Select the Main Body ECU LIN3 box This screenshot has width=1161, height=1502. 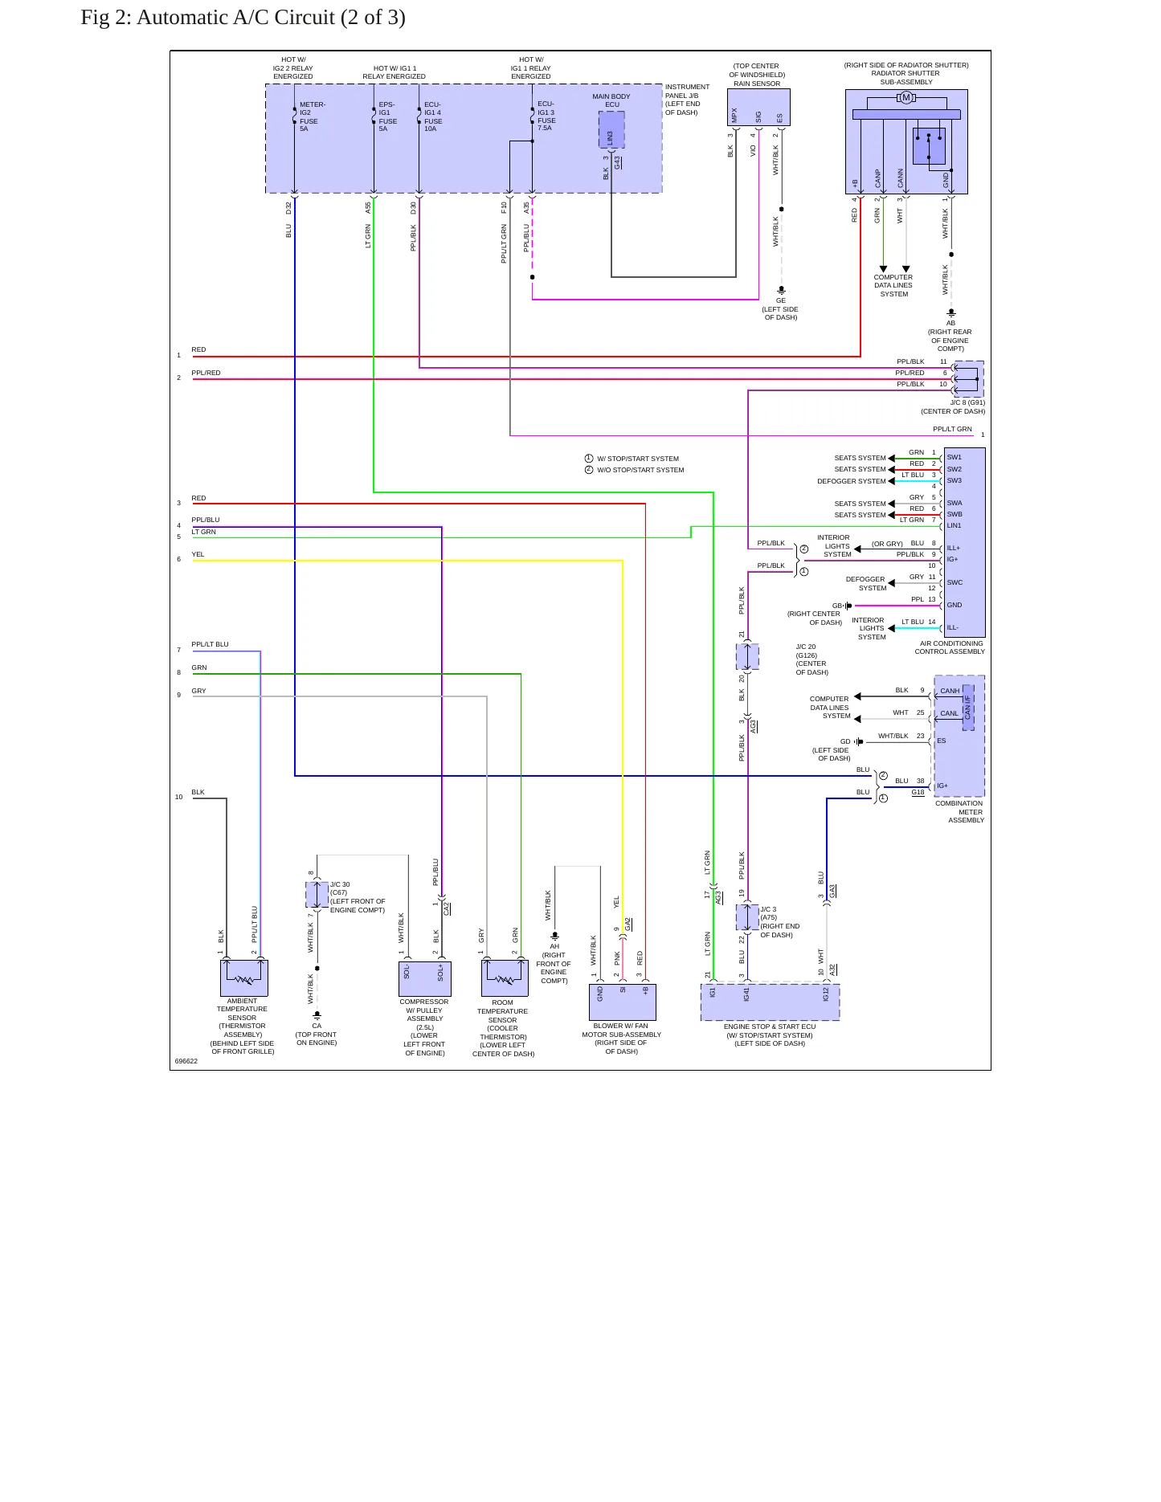pos(611,129)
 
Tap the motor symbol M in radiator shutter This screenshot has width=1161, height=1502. pos(906,98)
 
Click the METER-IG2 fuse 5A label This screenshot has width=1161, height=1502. pos(313,116)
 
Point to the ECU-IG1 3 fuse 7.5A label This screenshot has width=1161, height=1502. pos(546,116)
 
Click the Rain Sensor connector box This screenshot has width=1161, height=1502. pos(758,107)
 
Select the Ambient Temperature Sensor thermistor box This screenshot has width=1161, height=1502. pos(244,978)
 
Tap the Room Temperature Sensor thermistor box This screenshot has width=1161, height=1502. pos(505,978)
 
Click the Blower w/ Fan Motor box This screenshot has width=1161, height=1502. pos(623,1002)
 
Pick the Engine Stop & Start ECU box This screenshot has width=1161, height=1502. pos(770,1002)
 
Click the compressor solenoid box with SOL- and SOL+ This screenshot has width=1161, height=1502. pos(425,978)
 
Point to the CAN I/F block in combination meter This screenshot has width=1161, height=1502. pos(968,708)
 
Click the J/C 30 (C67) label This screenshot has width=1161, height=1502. pos(340,888)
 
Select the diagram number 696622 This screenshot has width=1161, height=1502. pos(186,1061)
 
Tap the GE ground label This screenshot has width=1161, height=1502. pos(781,300)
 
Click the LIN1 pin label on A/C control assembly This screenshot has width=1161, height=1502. pos(955,525)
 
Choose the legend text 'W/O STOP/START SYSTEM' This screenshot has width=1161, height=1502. pos(640,470)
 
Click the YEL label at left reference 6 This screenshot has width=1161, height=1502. pos(198,554)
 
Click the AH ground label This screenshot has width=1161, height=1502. pos(554,946)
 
